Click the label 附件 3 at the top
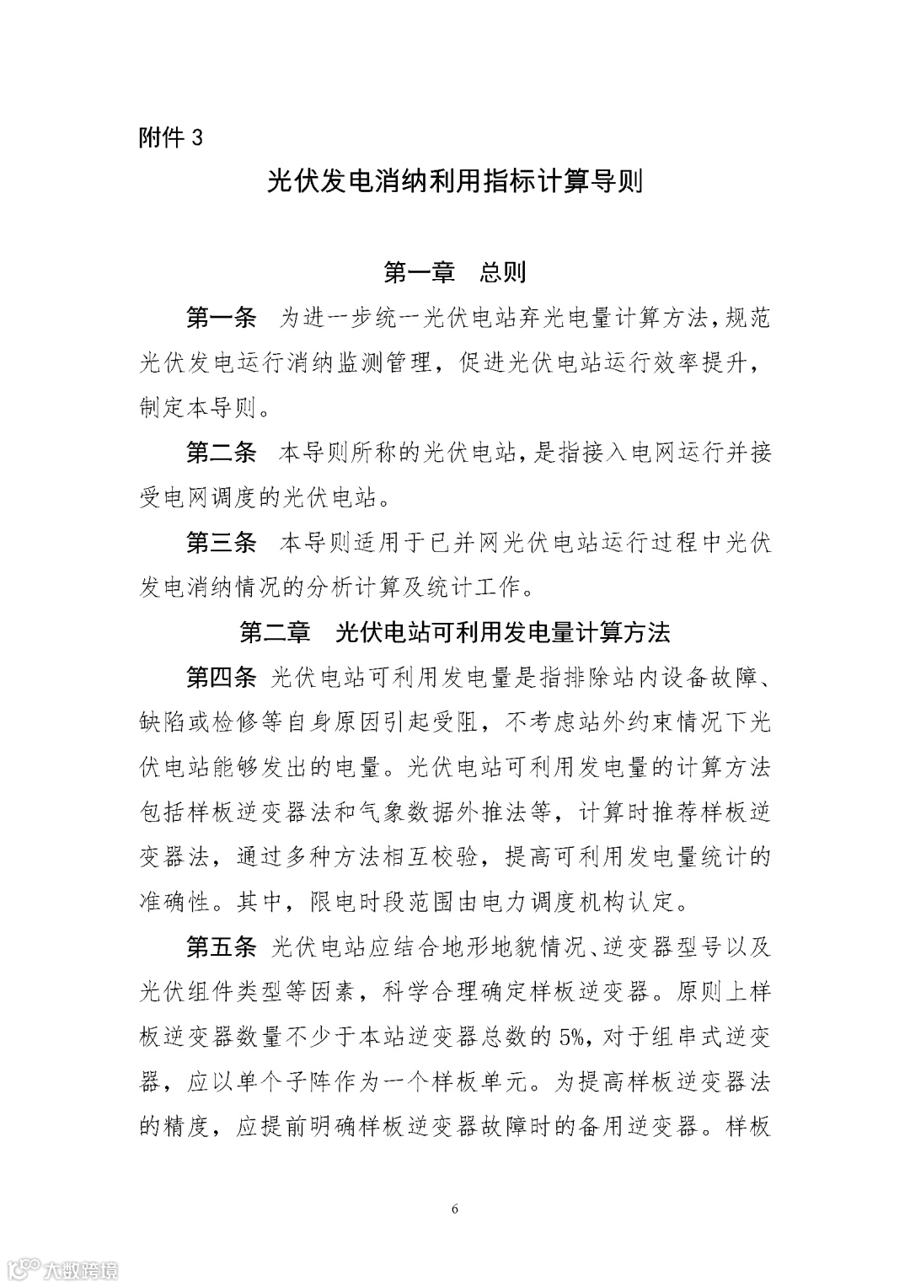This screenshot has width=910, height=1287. [171, 137]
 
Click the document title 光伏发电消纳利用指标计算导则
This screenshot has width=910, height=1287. [455, 181]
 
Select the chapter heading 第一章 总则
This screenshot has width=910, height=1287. [455, 272]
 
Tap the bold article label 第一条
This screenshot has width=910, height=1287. [221, 319]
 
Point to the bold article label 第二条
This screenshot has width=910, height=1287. [221, 453]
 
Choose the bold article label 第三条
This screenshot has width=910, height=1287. [221, 542]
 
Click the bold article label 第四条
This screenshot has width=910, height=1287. [221, 677]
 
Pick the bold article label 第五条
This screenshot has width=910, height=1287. [221, 946]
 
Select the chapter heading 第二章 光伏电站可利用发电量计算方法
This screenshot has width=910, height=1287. [455, 632]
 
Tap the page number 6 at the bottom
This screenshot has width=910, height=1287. [455, 1209]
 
